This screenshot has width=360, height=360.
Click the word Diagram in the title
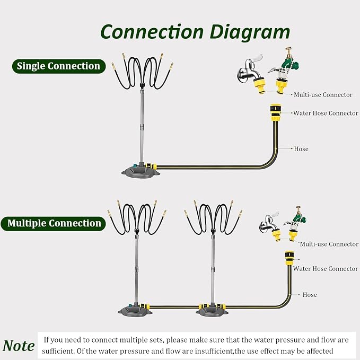tap(250, 32)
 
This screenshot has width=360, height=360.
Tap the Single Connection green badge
tap(59, 66)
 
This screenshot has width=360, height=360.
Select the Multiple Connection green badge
tap(53, 223)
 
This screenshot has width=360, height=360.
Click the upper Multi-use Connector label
tap(323, 94)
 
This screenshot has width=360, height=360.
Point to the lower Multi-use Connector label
tap(329, 244)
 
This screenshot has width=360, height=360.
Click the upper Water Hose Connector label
tap(326, 113)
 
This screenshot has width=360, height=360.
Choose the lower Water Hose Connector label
tap(326, 268)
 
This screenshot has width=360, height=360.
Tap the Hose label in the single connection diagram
tap(301, 149)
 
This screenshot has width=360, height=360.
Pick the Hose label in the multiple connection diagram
tap(310, 295)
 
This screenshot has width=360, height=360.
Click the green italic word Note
tap(19, 346)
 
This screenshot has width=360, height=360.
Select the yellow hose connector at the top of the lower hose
tap(289, 259)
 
